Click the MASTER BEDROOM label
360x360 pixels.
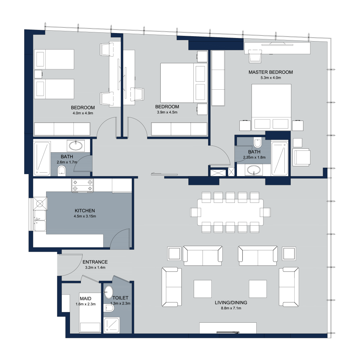click(x=270, y=72)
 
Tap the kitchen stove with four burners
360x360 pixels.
click(x=82, y=186)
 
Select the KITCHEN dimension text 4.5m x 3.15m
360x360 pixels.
click(x=85, y=216)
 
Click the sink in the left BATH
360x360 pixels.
click(x=76, y=145)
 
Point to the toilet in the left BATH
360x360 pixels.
click(x=62, y=171)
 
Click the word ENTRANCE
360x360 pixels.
click(x=95, y=262)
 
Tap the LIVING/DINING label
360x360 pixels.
click(x=231, y=303)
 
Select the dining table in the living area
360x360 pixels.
click(x=230, y=212)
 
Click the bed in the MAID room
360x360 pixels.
click(x=90, y=313)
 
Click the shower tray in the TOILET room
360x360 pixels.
click(x=111, y=325)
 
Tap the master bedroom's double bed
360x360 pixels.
click(x=271, y=107)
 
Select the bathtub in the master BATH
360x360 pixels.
click(x=279, y=159)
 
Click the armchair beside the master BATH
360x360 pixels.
click(x=301, y=157)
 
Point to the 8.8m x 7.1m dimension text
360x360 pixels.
click(x=231, y=308)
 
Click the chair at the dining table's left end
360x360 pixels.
click(x=195, y=212)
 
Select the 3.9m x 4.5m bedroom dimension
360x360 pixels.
click(x=167, y=112)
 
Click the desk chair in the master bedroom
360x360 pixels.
click(x=255, y=56)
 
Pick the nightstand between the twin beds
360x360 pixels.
click(x=38, y=74)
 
